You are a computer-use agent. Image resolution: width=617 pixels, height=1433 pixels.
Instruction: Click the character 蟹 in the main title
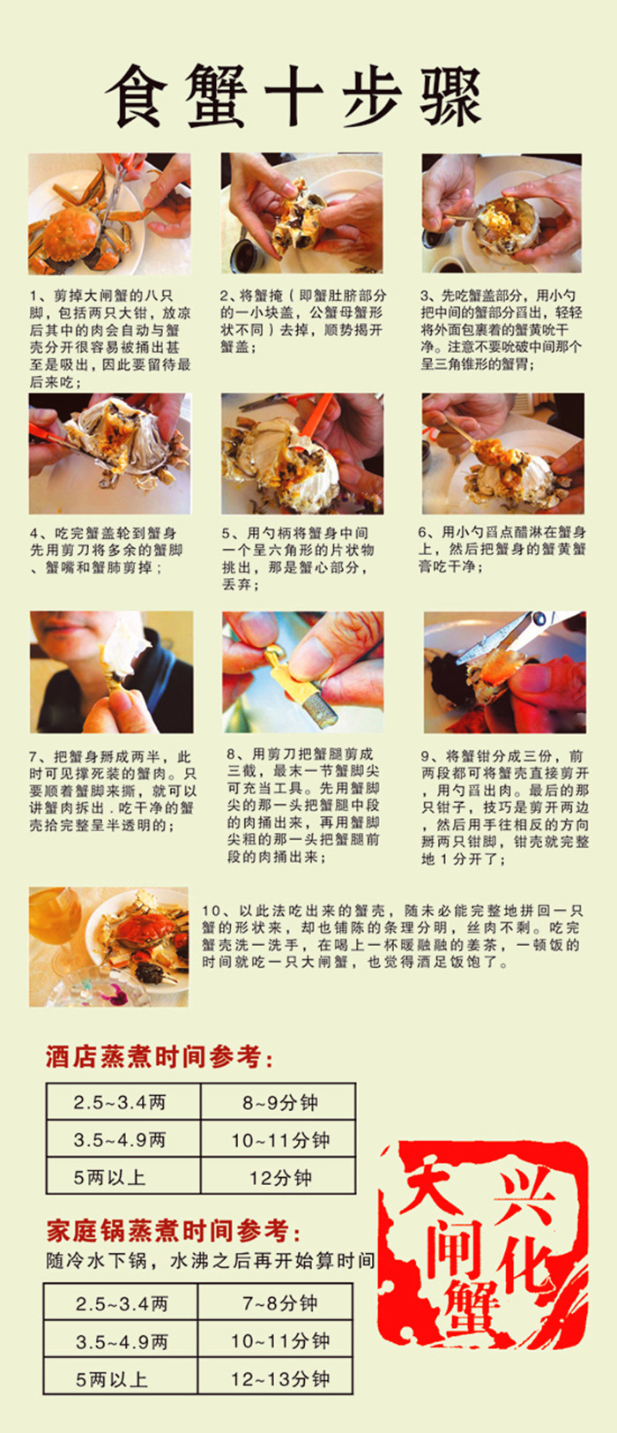point(216,96)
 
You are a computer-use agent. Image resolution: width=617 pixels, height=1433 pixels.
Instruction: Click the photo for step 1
point(109,214)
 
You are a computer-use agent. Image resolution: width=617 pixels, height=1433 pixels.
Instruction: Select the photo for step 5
point(302,454)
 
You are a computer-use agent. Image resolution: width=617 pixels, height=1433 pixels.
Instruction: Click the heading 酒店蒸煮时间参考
point(159,1057)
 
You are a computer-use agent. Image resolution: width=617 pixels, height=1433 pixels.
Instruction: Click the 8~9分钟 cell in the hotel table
point(279,1102)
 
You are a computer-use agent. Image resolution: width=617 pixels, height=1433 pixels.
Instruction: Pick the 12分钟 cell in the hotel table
point(279,1176)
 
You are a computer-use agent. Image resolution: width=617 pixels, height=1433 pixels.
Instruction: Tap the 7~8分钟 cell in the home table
point(275,1303)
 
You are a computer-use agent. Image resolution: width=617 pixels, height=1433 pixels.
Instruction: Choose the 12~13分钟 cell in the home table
point(275,1377)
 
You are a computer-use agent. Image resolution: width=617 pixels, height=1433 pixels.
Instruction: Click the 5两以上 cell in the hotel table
point(123,1176)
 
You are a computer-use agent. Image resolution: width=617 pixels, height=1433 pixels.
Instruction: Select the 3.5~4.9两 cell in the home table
point(121,1340)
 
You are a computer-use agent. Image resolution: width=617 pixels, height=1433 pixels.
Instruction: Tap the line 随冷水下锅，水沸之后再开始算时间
point(210,1261)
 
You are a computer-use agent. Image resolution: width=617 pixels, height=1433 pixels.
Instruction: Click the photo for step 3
point(502,213)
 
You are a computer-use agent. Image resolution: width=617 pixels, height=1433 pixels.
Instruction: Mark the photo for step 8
point(302,671)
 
